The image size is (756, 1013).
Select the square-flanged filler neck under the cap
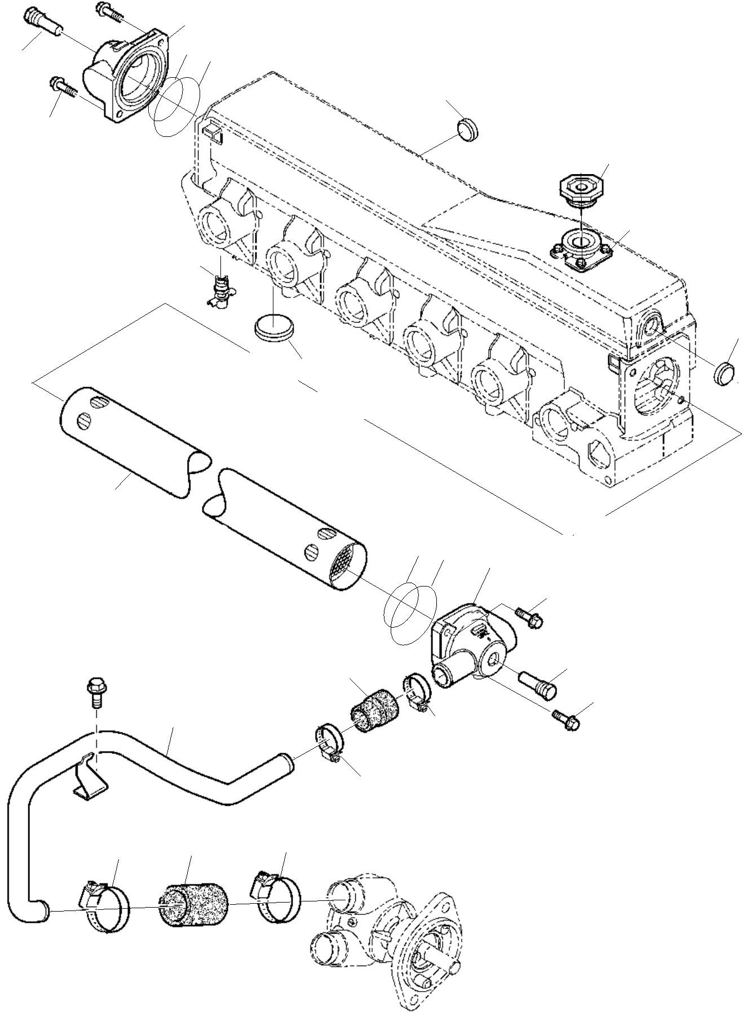click(x=581, y=247)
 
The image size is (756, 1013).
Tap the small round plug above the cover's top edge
click(x=467, y=130)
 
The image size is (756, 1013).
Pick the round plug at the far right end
click(x=725, y=374)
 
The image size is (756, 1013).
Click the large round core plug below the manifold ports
click(x=273, y=328)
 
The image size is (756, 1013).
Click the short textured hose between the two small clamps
click(x=372, y=709)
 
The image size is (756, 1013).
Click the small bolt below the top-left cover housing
click(x=66, y=89)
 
